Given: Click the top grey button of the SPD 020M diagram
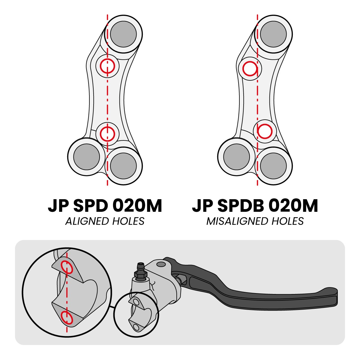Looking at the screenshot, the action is coord(123,34).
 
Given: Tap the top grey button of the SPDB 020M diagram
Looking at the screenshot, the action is coord(273,34).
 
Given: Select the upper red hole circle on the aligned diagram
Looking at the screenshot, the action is coord(107,66).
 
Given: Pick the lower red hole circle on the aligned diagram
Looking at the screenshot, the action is coord(107,134).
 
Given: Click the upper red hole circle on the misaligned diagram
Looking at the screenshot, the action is coord(250,69).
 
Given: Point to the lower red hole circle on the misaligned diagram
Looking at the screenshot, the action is coord(264,131).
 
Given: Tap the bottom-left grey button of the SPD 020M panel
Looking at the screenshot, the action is coord(87,157).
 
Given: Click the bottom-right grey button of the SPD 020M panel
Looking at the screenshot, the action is coord(123,166).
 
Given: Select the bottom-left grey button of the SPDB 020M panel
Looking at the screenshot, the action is coord(236,157).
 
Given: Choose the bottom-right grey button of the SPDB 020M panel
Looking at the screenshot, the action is coord(273,166).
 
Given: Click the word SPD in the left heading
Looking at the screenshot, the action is coord(91,206).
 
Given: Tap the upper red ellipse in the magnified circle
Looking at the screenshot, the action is coord(67,267).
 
